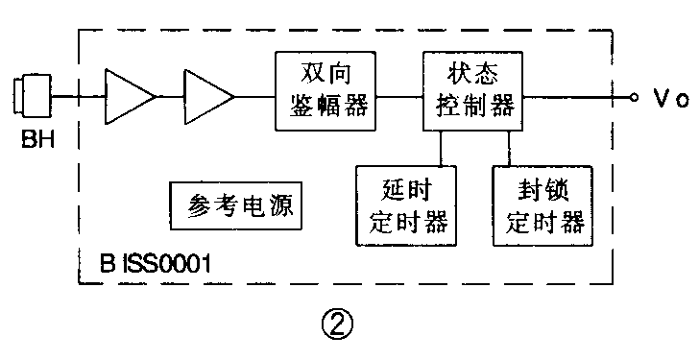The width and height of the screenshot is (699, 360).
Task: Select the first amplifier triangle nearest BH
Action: point(127,97)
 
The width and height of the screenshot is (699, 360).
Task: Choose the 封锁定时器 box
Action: point(543,205)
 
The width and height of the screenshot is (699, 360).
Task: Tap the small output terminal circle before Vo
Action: point(634,97)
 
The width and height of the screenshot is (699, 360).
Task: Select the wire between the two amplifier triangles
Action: point(169,97)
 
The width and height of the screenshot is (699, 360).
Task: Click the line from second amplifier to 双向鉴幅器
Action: point(254,97)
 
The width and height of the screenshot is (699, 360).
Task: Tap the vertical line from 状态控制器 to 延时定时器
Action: point(440,148)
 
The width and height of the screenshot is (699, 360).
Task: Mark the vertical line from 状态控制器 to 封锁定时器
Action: point(509,148)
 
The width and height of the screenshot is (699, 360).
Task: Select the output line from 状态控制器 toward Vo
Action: point(576,97)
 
